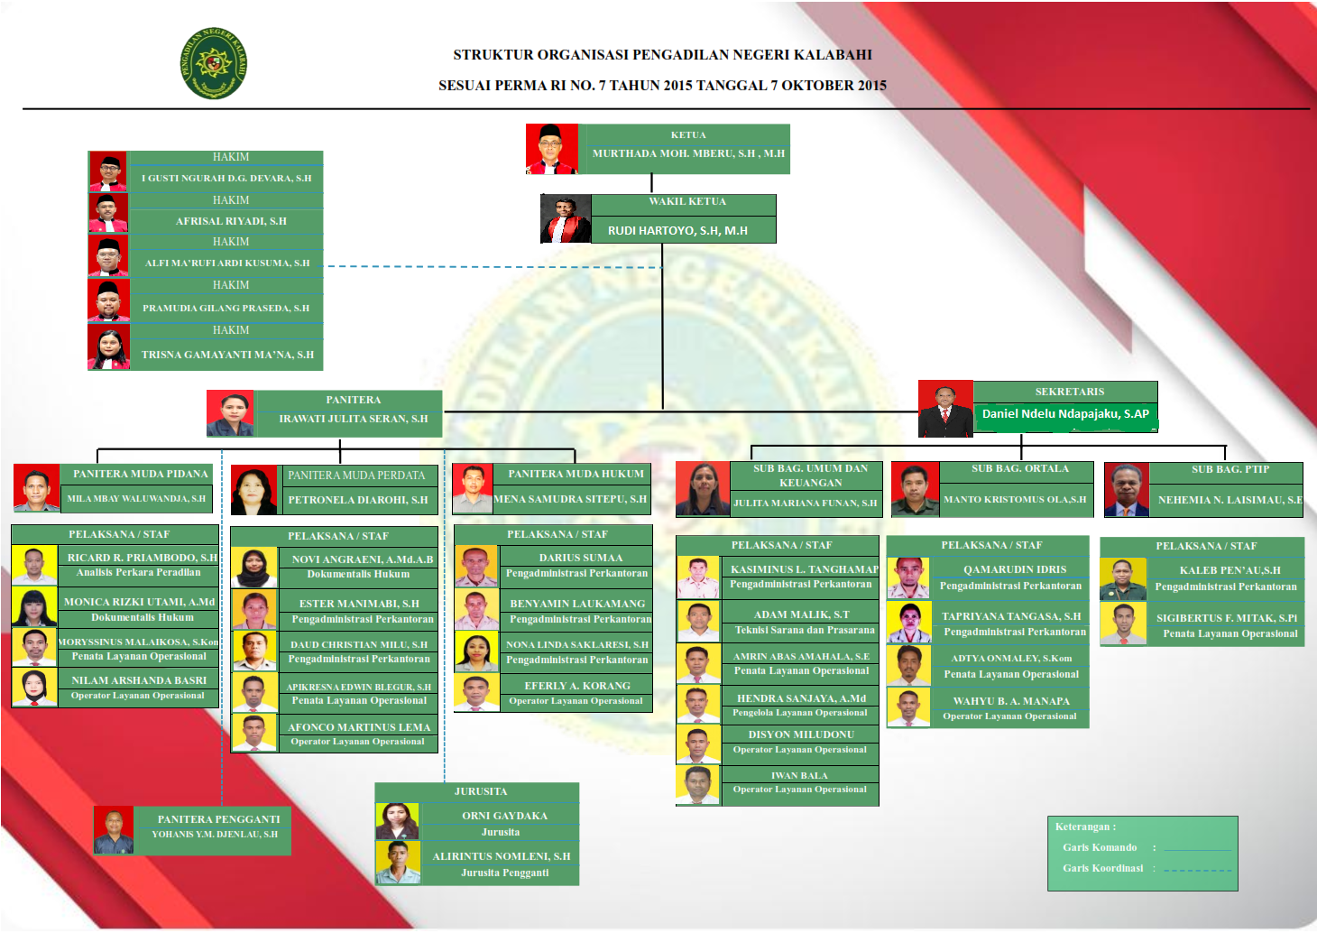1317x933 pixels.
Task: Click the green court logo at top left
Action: point(214,63)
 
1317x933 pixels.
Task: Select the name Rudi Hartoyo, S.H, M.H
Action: point(677,231)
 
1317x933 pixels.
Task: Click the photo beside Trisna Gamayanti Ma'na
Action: point(109,347)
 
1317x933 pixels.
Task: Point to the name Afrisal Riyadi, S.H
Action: point(231,221)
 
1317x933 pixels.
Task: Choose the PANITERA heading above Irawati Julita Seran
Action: point(354,400)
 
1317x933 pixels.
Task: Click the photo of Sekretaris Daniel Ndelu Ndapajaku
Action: point(945,409)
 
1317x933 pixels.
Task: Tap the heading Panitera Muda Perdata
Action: point(356,476)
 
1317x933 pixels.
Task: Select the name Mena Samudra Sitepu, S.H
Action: point(570,499)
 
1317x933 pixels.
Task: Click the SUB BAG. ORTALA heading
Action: point(1020,469)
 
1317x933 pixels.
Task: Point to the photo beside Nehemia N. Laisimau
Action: point(1127,490)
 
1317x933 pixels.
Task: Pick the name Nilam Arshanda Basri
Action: point(139,680)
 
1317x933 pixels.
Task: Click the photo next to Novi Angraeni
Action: point(254,568)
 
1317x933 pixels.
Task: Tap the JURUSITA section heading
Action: point(481,792)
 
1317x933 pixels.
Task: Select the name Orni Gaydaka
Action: point(504,816)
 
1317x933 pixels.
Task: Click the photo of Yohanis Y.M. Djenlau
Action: point(114,830)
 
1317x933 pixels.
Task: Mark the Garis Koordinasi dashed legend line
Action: point(1197,870)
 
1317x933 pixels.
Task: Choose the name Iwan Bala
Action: point(799,776)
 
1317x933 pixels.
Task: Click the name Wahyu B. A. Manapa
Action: point(1011,701)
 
